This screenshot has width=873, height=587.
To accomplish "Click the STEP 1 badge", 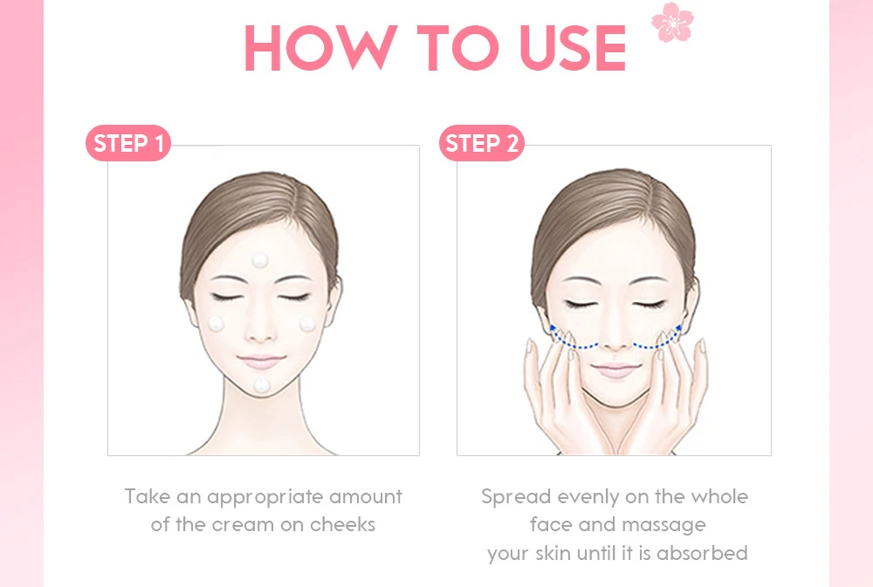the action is click(x=128, y=143).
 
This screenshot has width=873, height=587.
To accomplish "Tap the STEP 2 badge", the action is click(x=482, y=143).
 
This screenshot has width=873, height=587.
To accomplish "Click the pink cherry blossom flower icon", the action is click(x=672, y=22).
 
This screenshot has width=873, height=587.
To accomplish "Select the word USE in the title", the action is click(x=573, y=48).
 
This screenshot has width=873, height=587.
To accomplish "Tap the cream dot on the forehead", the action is click(x=260, y=259).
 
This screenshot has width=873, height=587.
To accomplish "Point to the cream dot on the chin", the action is click(x=262, y=385).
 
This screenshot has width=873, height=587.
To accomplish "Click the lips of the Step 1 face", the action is click(x=260, y=362).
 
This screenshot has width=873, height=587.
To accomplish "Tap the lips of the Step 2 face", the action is click(x=615, y=370).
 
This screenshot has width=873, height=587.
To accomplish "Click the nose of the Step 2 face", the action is click(x=615, y=336).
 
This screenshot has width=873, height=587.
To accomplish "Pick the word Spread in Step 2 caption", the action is click(x=516, y=497).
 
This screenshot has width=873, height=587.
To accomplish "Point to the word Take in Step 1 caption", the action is click(x=148, y=495).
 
